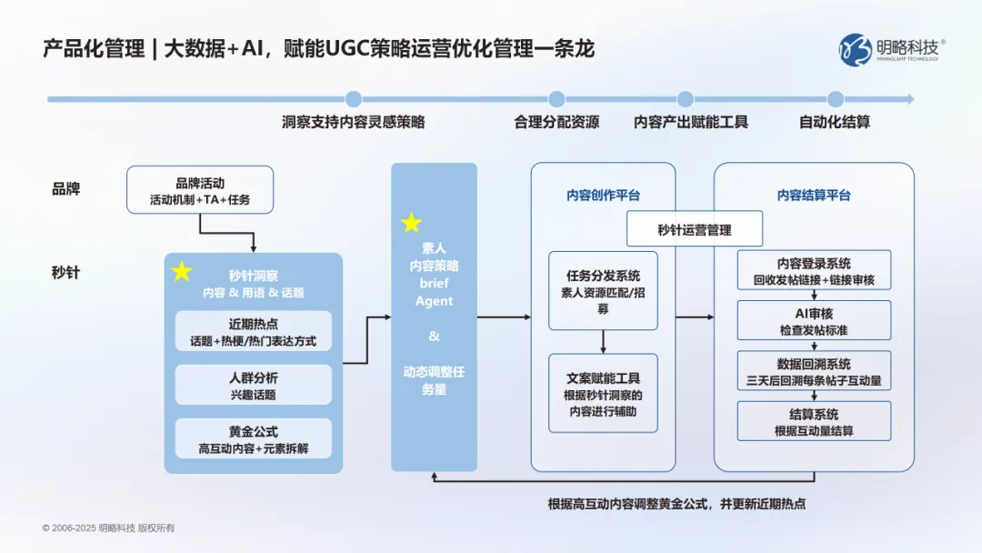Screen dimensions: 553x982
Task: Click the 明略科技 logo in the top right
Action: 892,49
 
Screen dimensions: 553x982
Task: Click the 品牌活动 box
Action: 199,189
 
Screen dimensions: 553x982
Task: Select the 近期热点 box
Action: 254,331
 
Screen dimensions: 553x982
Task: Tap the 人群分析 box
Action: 254,385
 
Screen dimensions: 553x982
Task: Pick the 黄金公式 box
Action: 254,438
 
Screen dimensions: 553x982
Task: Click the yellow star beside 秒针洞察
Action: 182,271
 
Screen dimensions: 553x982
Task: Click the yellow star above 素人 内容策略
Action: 412,223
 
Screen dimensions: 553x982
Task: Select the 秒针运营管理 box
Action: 695,230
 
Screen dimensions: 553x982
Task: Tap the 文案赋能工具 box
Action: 603,393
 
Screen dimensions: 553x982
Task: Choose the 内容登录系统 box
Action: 814,271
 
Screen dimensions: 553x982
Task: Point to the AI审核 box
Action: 814,320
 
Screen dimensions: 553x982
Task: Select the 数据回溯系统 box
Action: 814,370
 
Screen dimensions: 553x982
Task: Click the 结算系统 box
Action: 814,420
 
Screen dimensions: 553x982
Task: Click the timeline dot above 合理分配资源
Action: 556,99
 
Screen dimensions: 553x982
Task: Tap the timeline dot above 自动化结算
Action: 835,99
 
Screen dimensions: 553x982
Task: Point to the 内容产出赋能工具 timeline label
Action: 691,122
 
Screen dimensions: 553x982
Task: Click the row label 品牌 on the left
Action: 65,189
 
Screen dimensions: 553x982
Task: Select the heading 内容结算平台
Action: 814,195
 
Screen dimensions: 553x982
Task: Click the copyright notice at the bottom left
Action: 108,528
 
